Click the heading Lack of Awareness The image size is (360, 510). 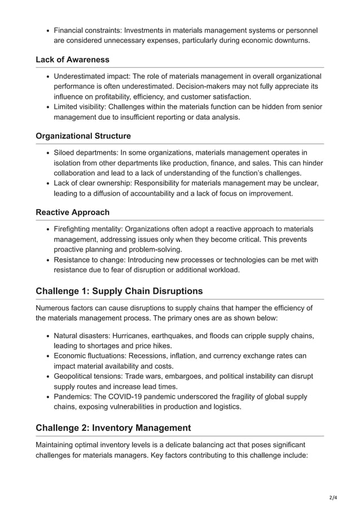(72, 59)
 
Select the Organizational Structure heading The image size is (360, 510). (83, 136)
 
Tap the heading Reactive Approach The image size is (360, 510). (72, 212)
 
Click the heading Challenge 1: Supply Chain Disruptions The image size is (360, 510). (118, 291)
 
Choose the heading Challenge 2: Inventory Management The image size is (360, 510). (113, 428)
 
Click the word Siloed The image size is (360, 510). (66, 152)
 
